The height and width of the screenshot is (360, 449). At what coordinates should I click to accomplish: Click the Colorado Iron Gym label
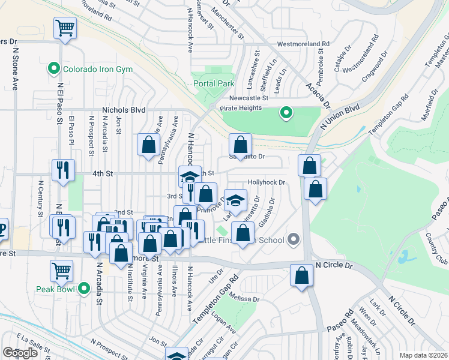tap(98, 70)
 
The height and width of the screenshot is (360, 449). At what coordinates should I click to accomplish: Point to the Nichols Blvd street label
tap(124, 110)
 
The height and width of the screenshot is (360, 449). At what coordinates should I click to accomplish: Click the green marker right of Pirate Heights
tap(286, 112)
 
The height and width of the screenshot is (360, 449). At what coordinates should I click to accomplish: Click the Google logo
tap(20, 353)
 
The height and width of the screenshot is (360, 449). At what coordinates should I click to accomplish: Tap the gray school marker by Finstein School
tap(293, 240)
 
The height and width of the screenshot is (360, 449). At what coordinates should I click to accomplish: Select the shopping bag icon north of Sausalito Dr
tap(240, 144)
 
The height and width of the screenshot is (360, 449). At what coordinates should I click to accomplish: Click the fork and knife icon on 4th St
tap(63, 170)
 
